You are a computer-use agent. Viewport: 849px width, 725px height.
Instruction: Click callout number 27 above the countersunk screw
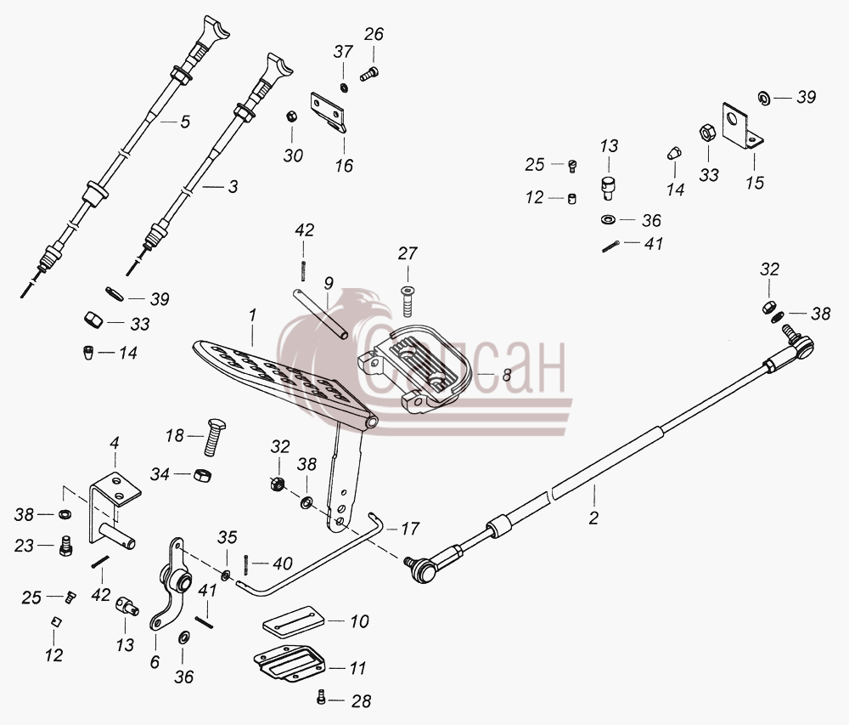(x=408, y=253)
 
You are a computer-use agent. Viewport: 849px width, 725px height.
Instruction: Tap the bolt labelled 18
(x=215, y=437)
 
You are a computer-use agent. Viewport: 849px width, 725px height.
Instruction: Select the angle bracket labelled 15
(x=742, y=126)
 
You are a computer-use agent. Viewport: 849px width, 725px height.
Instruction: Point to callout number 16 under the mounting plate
(x=344, y=165)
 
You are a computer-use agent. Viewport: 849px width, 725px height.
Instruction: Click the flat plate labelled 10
(x=294, y=623)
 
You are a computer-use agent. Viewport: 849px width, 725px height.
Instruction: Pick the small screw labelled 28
(x=321, y=697)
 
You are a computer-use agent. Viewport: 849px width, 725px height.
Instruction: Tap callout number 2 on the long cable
(x=593, y=518)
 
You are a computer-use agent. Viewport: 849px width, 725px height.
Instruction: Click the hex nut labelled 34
(x=203, y=474)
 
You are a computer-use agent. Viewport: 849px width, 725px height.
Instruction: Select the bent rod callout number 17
(x=410, y=529)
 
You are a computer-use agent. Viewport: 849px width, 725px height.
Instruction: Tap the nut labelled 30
(x=290, y=116)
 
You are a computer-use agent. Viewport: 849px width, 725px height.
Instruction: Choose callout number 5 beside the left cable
(x=185, y=122)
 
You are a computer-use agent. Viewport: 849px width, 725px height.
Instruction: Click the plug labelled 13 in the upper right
(x=609, y=188)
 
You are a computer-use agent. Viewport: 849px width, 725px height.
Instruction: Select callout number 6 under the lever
(x=155, y=661)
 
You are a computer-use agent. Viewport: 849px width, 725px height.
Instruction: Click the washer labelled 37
(x=344, y=88)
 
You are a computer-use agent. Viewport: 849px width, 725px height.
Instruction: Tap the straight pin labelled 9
(x=321, y=314)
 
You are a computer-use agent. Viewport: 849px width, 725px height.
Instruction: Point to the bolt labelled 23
(x=65, y=547)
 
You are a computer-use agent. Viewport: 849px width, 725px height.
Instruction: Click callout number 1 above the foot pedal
(x=252, y=315)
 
